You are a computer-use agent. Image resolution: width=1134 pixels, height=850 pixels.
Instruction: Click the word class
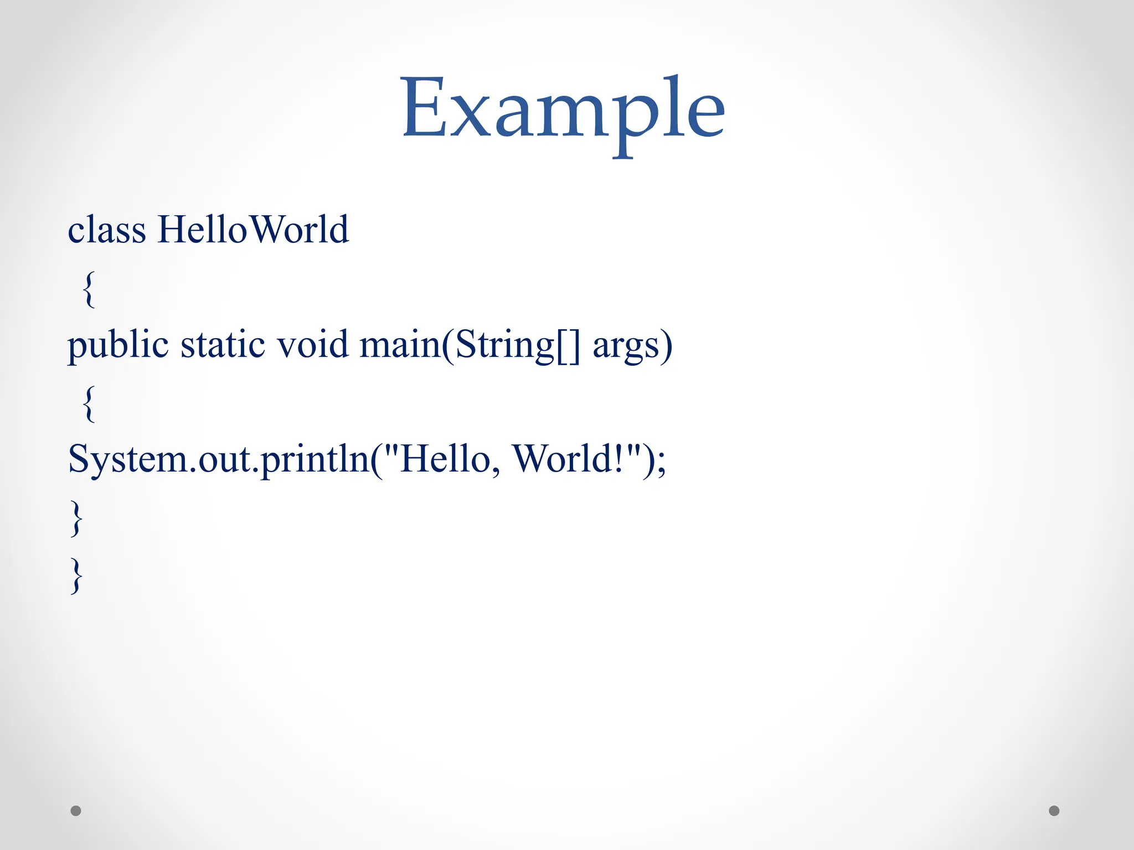[x=106, y=230]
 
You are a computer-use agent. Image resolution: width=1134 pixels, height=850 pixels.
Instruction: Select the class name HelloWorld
[x=253, y=230]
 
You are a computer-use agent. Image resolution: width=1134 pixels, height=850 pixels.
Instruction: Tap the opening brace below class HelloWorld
[x=89, y=289]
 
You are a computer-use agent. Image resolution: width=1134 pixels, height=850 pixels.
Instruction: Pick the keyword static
[x=223, y=344]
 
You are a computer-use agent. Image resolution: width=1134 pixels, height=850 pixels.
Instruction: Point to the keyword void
[x=312, y=344]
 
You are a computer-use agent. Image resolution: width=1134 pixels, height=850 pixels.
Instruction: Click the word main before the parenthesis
[x=399, y=344]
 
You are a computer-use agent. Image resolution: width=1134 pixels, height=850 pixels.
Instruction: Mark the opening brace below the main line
[x=89, y=404]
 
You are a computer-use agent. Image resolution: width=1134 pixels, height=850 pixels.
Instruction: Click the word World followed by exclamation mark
[x=563, y=459]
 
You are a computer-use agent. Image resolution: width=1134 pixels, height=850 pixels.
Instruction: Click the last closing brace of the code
[x=76, y=576]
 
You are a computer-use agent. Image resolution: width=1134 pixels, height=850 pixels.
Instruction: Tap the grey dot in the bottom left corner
[x=76, y=811]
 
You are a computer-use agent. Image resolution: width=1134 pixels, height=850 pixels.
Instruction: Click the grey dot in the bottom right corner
[x=1054, y=811]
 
